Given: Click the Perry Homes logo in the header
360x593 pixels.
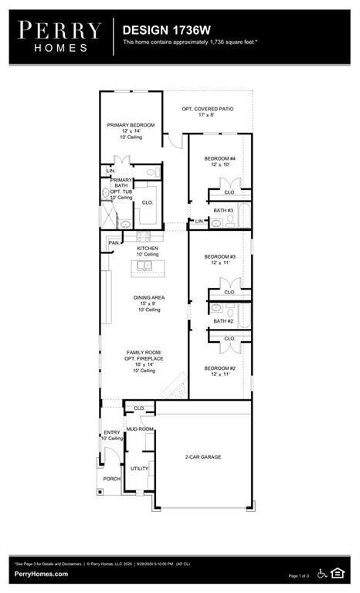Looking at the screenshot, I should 60,36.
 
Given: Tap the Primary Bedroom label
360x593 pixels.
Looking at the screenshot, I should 131,125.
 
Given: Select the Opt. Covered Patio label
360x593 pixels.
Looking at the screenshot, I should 207,109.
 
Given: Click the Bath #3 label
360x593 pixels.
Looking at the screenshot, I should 223,210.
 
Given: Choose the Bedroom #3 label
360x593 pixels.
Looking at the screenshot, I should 219,256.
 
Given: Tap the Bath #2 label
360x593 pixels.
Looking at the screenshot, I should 223,320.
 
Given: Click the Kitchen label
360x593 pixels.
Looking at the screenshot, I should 148,249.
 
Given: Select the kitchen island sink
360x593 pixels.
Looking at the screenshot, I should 144,266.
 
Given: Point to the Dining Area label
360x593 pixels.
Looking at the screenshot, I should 148,297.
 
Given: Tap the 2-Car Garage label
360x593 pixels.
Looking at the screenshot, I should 202,457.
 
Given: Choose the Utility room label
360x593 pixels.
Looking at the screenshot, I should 139,468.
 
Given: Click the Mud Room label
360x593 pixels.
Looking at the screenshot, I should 141,429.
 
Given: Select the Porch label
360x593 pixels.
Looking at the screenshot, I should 112,478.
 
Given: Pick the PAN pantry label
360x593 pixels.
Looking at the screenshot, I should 114,242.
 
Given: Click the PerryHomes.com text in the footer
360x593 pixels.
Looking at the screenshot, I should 40,574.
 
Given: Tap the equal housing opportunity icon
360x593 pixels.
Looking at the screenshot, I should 337,572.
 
